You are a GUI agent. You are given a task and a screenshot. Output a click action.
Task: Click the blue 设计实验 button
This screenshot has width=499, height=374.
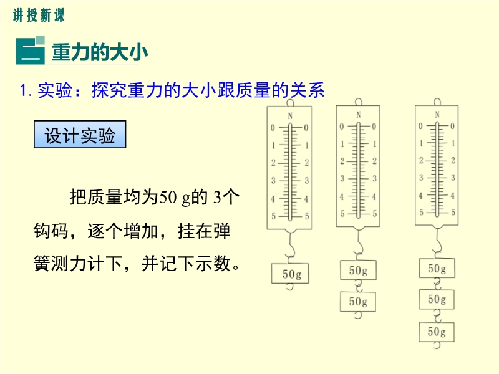click(x=80, y=134)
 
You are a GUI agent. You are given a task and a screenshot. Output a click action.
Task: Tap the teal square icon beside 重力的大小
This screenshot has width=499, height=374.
click(x=30, y=50)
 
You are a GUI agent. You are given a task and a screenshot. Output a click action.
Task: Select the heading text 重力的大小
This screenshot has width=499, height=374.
click(x=100, y=52)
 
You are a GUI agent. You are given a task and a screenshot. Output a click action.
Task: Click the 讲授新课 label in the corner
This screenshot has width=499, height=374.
click(x=39, y=15)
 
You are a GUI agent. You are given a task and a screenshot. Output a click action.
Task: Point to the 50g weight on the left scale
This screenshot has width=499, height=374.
click(x=290, y=273)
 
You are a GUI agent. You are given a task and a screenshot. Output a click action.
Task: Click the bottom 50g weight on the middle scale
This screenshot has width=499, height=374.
click(x=358, y=301)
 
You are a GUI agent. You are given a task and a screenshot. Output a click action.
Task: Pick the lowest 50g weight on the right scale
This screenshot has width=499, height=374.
click(x=437, y=332)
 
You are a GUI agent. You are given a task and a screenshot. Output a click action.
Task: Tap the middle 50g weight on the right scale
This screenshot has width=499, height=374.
click(x=437, y=299)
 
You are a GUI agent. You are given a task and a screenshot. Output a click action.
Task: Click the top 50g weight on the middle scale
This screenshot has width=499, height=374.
click(x=358, y=271)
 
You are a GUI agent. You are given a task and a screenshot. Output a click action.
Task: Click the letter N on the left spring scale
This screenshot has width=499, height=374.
click(x=290, y=116)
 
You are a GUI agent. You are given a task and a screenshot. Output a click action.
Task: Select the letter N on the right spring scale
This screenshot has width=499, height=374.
click(x=437, y=114)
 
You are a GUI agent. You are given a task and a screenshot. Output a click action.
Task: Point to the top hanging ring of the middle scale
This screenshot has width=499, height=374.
click(x=358, y=102)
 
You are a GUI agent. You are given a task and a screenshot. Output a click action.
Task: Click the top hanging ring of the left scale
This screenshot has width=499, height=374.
click(x=290, y=103)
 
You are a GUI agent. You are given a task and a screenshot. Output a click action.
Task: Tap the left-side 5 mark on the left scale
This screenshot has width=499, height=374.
click(x=273, y=216)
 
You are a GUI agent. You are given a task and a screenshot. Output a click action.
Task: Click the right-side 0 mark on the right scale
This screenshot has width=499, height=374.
click(x=452, y=126)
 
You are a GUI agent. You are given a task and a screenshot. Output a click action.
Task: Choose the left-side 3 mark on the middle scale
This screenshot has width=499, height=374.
click(x=342, y=178)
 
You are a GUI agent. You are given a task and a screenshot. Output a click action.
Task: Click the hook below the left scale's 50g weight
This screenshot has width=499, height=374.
click(x=289, y=287)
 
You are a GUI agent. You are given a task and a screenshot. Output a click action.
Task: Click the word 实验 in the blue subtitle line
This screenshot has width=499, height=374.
click(x=55, y=90)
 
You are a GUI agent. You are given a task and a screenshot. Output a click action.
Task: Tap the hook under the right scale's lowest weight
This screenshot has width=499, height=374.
click(x=437, y=345)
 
